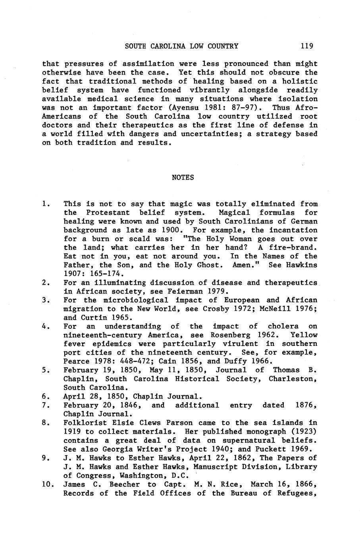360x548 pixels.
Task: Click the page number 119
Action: (x=307, y=46)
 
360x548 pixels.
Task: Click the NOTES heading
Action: (x=183, y=178)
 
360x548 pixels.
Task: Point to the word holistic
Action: (x=300, y=81)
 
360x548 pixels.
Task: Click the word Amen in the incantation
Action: (x=243, y=265)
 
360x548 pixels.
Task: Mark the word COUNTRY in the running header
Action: (x=222, y=46)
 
